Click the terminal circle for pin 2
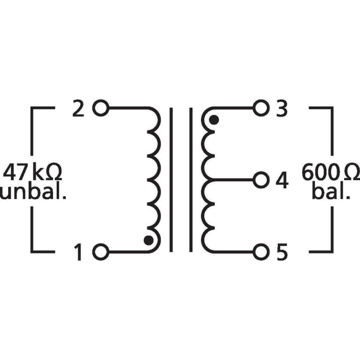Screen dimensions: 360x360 pyautogui.click(x=101, y=108)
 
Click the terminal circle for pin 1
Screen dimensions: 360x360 pyautogui.click(x=101, y=252)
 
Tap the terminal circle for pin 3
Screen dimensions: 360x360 pyautogui.click(x=260, y=108)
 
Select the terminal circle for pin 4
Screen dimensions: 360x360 pyautogui.click(x=260, y=180)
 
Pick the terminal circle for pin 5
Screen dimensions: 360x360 pyautogui.click(x=260, y=252)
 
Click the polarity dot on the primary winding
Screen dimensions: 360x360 pyautogui.click(x=148, y=240)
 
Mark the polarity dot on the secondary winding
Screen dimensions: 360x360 pyautogui.click(x=214, y=120)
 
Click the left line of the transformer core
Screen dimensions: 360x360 pyautogui.click(x=171, y=180)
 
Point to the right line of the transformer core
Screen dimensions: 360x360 pyautogui.click(x=191, y=180)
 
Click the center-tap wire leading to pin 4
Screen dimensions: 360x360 pyautogui.click(x=232, y=180)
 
